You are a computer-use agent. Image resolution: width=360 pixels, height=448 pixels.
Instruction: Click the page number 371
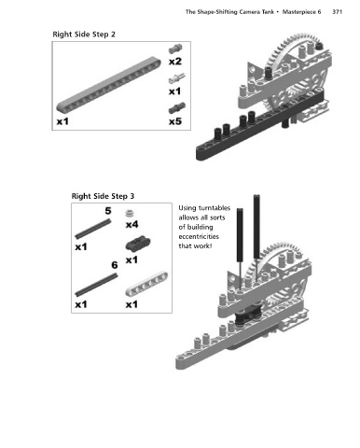pos(337,12)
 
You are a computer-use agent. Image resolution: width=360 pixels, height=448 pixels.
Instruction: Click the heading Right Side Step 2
pos(84,35)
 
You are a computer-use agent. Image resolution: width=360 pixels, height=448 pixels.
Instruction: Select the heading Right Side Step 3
pos(103,196)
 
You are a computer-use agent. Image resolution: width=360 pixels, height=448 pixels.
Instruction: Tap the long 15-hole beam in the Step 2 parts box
pos(109,84)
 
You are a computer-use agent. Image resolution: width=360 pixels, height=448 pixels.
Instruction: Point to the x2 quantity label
pos(175,62)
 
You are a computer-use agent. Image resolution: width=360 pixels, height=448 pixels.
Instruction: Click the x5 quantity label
pos(175,121)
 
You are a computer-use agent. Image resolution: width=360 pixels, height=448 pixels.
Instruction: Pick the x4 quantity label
pos(132,224)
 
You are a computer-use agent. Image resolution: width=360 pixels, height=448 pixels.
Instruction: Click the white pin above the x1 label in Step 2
pos(176,78)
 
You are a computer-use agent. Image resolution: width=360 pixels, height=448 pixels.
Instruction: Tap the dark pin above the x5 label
pos(177,108)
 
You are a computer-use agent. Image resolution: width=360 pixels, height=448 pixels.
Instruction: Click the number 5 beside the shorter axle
pos(108,211)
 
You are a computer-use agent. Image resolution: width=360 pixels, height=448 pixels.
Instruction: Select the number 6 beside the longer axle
pos(115,265)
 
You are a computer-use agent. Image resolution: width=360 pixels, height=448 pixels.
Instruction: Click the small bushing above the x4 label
pos(131,214)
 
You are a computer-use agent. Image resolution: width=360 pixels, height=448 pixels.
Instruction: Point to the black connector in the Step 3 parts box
pos(138,244)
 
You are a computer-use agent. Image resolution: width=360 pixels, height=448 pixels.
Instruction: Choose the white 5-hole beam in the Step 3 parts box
pos(146,284)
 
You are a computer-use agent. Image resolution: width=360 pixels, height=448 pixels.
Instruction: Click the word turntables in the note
pos(215,208)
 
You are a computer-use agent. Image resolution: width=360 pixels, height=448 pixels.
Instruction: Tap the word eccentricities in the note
pos(199,237)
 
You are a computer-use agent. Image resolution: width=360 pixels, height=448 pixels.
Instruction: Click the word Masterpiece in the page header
pos(301,12)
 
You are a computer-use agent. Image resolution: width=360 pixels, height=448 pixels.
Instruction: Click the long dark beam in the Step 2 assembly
pos(260,125)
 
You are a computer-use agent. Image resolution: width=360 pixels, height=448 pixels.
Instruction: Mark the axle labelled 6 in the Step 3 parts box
pos(96,285)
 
